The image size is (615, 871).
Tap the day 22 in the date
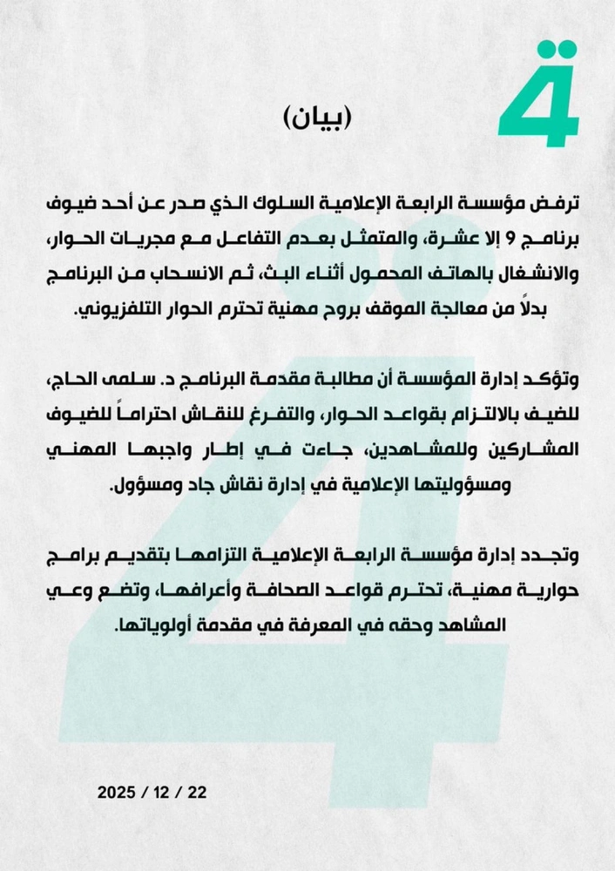click(196, 793)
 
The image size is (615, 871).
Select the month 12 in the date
click(159, 793)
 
